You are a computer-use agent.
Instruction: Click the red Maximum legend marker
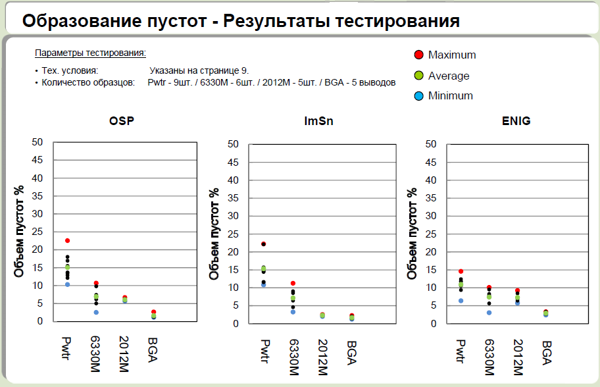[x=418, y=55]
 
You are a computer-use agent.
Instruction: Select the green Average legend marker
[x=418, y=76]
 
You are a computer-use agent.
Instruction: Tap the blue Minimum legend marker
[x=418, y=95]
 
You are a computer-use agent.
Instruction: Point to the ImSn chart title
[x=317, y=121]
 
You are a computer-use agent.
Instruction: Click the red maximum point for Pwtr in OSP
[x=67, y=241]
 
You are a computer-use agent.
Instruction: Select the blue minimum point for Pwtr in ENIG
[x=461, y=301]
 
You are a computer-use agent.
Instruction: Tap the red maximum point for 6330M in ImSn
[x=293, y=283]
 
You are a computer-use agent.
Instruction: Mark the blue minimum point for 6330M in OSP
[x=96, y=312]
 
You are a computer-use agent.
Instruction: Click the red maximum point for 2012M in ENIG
[x=518, y=290]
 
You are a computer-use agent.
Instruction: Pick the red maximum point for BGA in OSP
[x=153, y=312]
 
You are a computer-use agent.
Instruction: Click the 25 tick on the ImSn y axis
[x=234, y=234]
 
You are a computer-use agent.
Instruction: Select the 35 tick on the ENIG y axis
[x=431, y=197]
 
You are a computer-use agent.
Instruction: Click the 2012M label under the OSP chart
[x=125, y=351]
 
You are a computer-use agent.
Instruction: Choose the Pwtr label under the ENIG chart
[x=461, y=353]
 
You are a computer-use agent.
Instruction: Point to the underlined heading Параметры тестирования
[x=90, y=53]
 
